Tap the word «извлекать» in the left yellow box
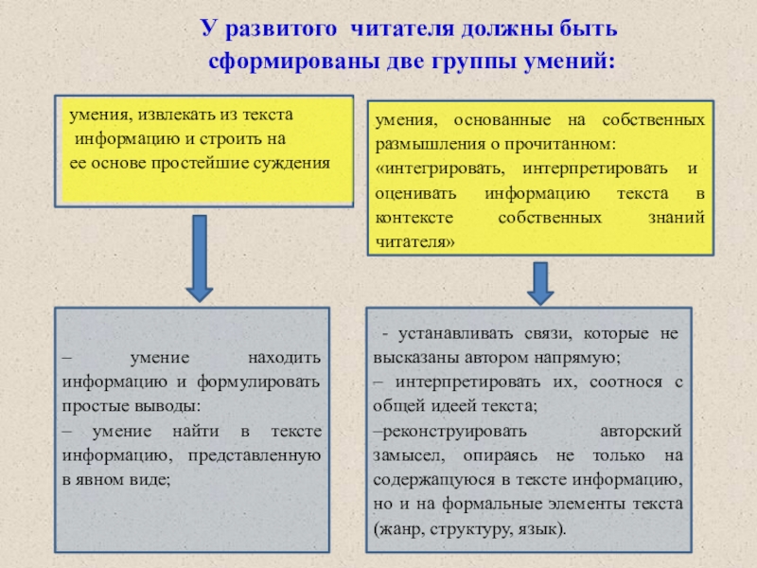(x=176, y=115)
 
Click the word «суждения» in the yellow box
(x=293, y=162)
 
